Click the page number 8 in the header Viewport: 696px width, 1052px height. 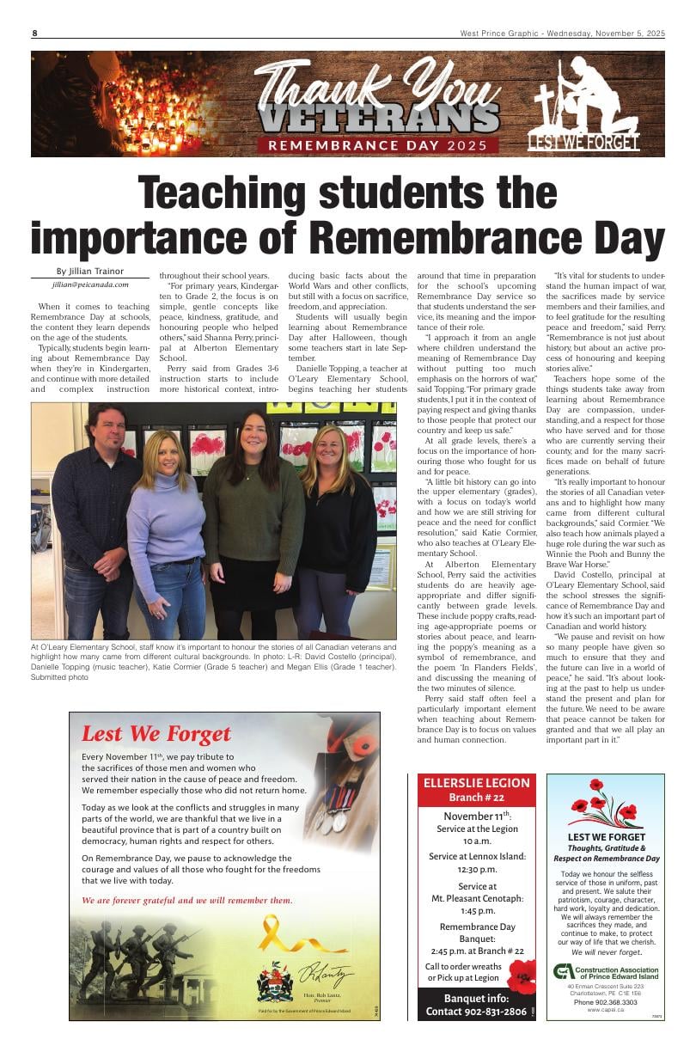[35, 34]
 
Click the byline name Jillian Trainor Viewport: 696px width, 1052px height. [90, 272]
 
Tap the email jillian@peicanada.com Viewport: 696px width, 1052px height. [90, 284]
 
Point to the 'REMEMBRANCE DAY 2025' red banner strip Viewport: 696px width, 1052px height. [382, 144]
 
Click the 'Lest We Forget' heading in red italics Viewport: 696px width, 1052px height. [156, 733]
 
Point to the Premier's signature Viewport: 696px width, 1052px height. [326, 976]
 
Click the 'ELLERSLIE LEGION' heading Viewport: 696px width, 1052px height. [477, 783]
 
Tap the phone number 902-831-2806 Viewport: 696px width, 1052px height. [476, 1012]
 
